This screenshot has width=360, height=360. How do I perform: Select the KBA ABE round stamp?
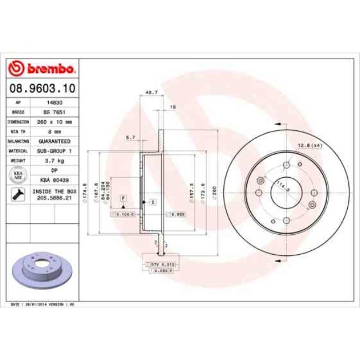point(17,174)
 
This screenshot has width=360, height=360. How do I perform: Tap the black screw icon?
point(17,194)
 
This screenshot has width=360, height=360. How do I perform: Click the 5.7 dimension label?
point(131,136)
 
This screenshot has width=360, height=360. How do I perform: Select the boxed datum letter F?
point(123,198)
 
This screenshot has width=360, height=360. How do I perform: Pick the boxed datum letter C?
point(151,203)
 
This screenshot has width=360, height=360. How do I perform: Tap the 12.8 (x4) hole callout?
point(310,145)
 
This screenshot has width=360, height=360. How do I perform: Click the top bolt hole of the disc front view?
point(286,165)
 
